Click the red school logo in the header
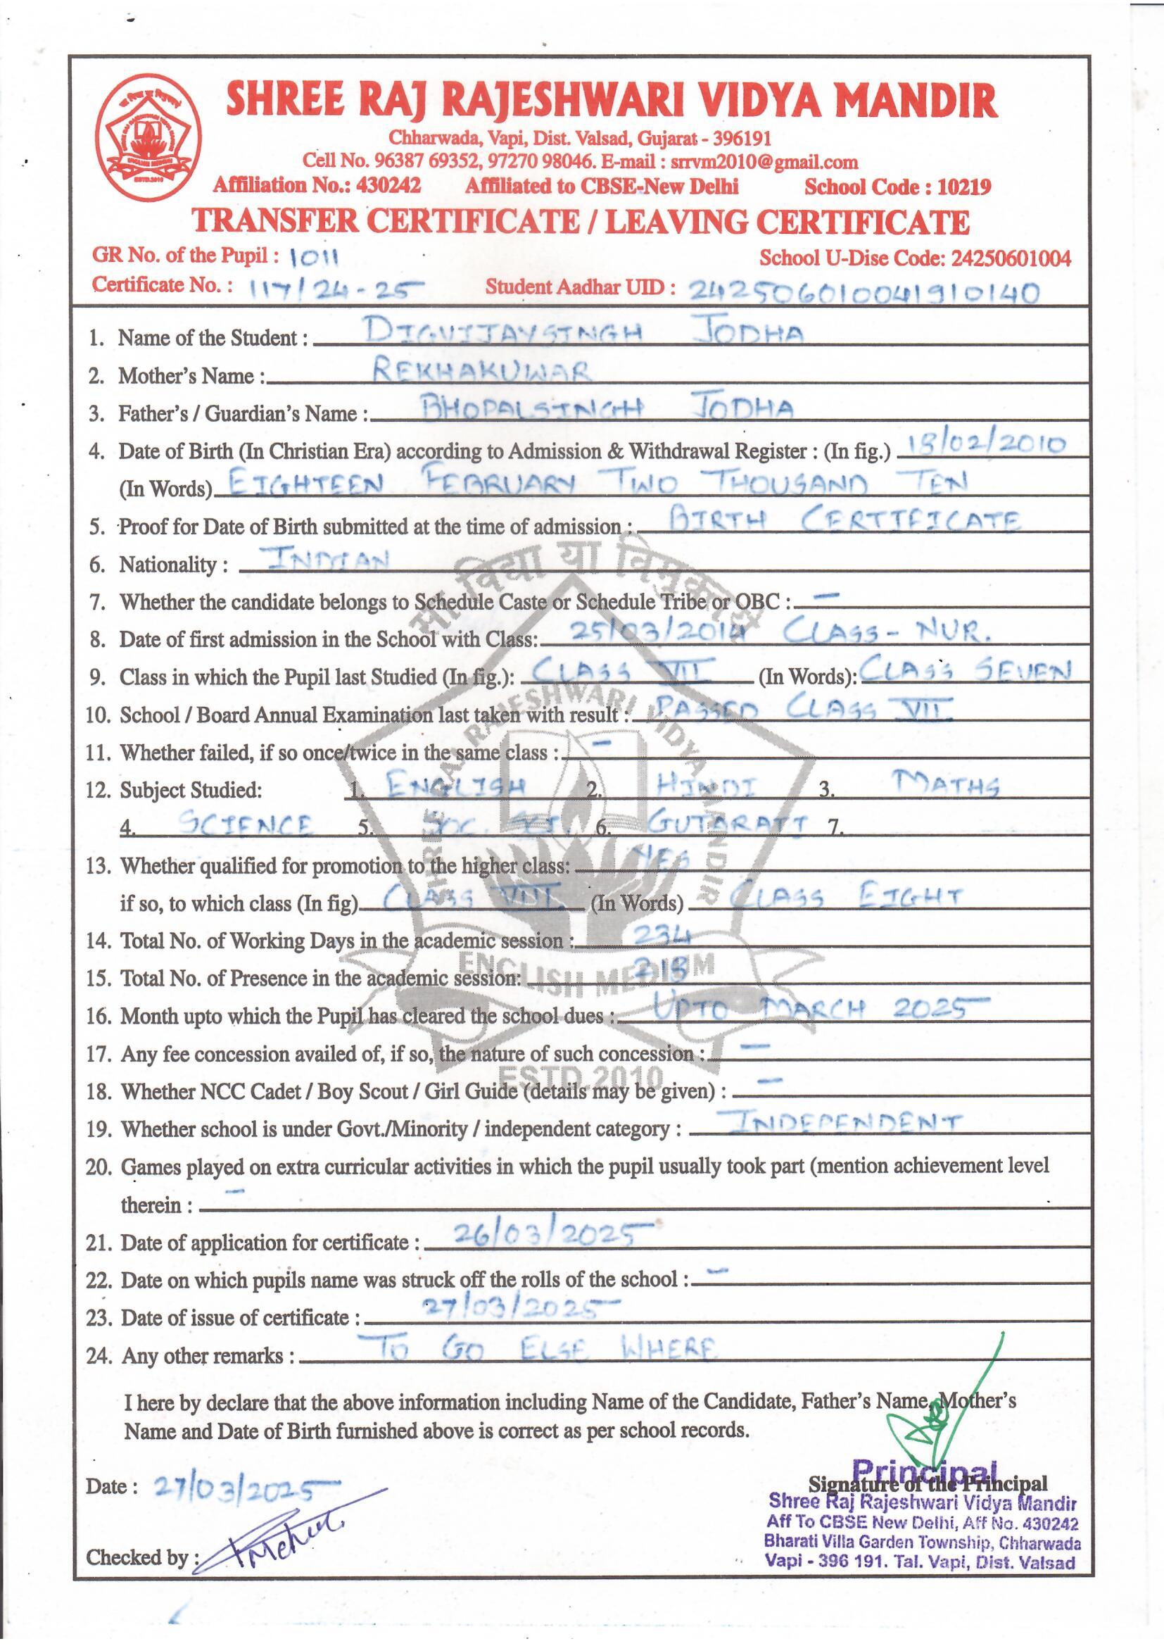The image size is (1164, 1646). [x=149, y=138]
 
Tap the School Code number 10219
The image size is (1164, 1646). [x=965, y=187]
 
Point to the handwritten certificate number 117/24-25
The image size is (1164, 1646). [x=332, y=289]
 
